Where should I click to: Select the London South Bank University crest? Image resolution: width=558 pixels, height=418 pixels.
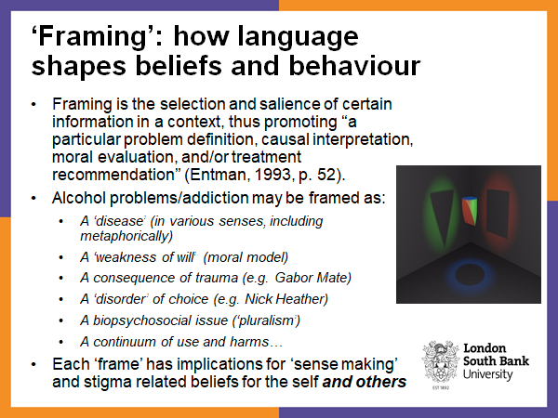tap(440, 360)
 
